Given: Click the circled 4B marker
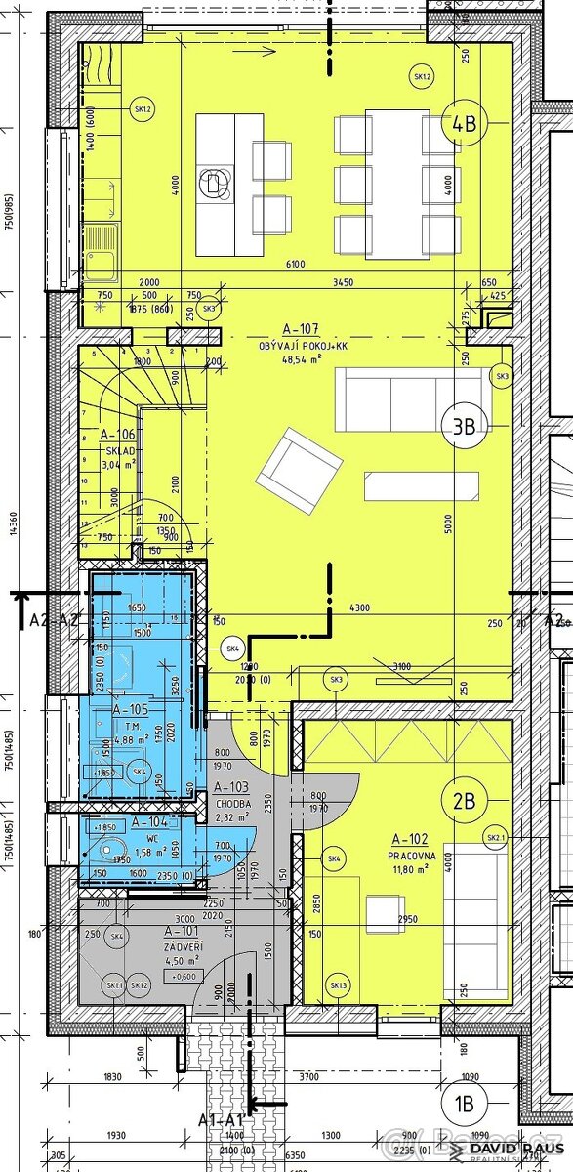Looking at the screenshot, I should (464, 123).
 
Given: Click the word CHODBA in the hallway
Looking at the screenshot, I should (234, 804).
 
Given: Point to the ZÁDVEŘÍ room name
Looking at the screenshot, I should (183, 945).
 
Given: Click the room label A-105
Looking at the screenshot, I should (130, 710).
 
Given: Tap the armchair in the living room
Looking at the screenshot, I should (299, 471).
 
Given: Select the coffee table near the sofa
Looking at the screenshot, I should (422, 486).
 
